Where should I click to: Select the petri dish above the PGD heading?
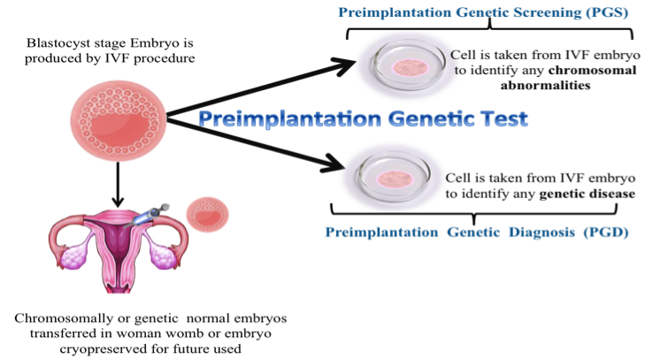coord(392,176)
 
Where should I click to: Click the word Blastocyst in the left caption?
coord(54,42)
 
